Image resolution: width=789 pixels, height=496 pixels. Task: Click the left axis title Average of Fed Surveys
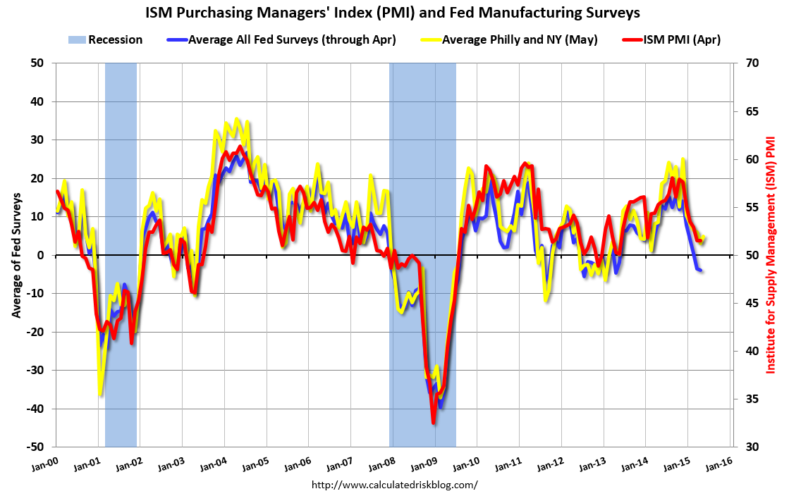[15, 254]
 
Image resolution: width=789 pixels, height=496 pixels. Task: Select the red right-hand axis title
[772, 254]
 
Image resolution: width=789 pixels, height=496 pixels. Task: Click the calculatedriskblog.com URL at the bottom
[394, 485]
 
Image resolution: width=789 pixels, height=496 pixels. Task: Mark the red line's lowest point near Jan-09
[434, 423]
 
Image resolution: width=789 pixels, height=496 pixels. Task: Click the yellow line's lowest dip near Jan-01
[101, 394]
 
